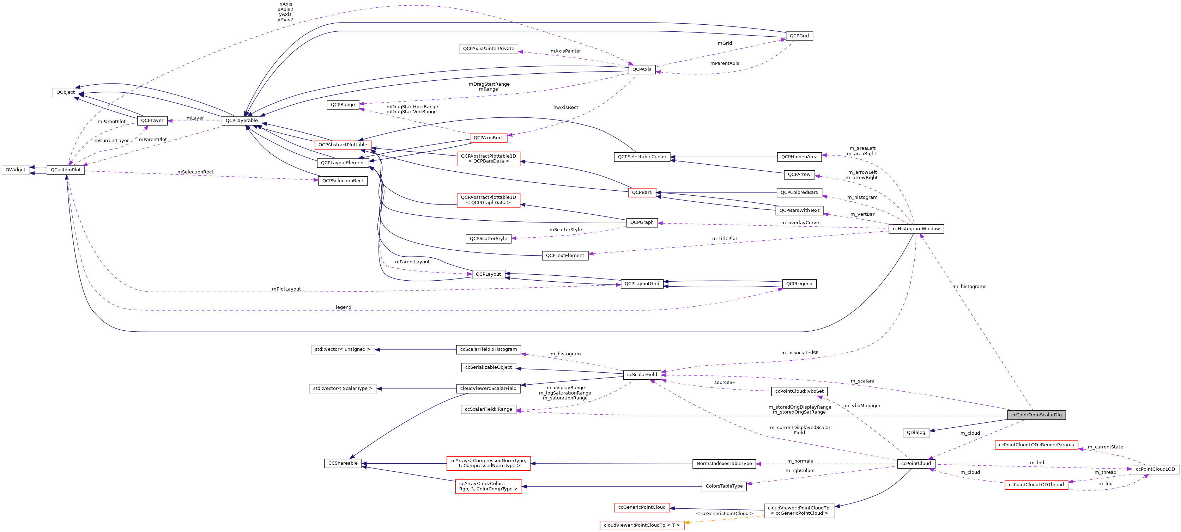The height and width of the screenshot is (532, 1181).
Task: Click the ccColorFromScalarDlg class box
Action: pos(1036,415)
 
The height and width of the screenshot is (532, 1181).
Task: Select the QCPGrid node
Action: pos(799,36)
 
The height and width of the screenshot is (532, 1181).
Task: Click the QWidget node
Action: pos(16,170)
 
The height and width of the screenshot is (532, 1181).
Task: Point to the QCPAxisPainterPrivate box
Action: pos(488,49)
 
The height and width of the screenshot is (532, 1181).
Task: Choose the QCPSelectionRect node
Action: pos(343,181)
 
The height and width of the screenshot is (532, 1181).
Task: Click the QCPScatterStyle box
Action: pos(488,239)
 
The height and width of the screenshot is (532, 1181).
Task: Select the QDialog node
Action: pos(916,433)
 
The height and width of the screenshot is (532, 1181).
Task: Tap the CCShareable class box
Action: pos(343,463)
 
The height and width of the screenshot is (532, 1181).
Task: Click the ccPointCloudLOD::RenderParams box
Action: pos(1036,445)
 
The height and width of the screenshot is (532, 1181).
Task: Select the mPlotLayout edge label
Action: pos(286,289)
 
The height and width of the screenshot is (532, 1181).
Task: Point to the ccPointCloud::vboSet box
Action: pos(799,391)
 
